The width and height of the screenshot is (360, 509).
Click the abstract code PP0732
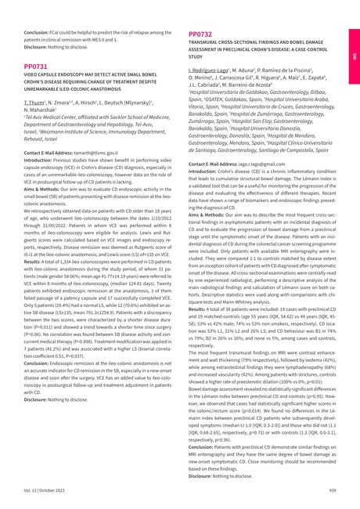click(x=201, y=35)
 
